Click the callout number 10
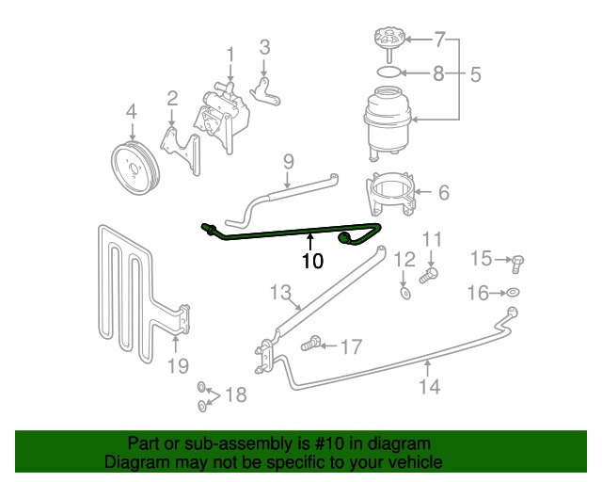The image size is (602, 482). point(311,261)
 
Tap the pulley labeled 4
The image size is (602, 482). point(135,169)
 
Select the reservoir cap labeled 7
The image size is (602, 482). point(387,41)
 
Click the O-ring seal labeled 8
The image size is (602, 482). point(387,72)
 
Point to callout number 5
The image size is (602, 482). point(476,72)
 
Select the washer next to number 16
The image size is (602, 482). point(513,293)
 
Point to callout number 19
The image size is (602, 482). point(176,365)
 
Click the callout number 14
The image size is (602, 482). point(429,386)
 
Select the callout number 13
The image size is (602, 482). point(282,293)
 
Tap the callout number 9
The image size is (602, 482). point(288,161)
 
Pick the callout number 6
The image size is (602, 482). point(444,193)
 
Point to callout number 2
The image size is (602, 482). point(173,97)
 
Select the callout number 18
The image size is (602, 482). point(235,395)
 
